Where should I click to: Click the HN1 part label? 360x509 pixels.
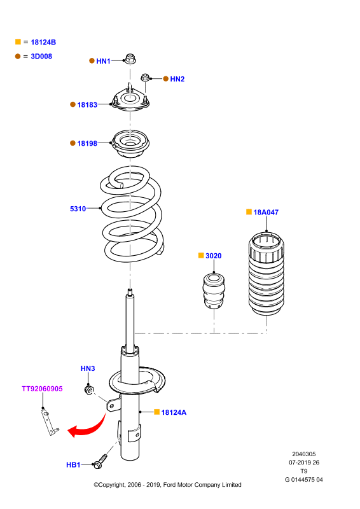tap(103, 61)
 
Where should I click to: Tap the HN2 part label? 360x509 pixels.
tap(177, 79)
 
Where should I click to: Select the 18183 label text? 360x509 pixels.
tap(87, 104)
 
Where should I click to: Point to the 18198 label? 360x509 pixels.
tap(87, 143)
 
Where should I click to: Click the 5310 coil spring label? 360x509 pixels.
tap(78, 209)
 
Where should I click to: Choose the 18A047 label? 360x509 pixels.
tap(266, 213)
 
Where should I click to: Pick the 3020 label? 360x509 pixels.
tap(214, 256)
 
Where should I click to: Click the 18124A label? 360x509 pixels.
tap(174, 412)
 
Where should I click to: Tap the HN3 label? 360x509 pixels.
tap(88, 368)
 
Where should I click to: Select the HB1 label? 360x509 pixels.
tap(73, 465)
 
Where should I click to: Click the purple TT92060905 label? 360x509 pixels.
tap(42, 389)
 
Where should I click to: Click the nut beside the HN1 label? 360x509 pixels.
tap(130, 59)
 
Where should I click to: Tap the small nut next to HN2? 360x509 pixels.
tap(145, 78)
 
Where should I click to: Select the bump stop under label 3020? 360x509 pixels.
tap(214, 291)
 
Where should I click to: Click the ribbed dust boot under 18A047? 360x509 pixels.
tap(267, 274)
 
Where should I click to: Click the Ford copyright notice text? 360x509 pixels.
tap(167, 485)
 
